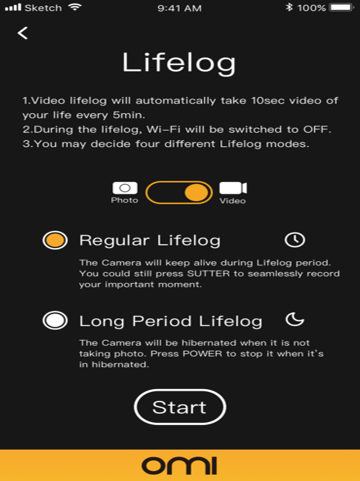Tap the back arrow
coord(23,33)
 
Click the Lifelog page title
coord(179,63)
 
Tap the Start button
coord(180,407)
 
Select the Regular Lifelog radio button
coord(55,240)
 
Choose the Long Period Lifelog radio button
coord(55,320)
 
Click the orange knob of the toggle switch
coord(196,193)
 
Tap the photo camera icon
coord(125,188)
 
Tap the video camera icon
coord(233,188)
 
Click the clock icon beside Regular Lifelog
coord(295,240)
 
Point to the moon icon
coord(294,319)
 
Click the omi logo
coord(179,465)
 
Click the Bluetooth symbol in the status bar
coord(289,8)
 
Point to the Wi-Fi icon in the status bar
coord(75,7)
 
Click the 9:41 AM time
coord(179,8)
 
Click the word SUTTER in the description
coord(209,273)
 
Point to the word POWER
coord(203,354)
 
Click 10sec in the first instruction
coord(268,101)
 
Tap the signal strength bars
coord(13,8)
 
